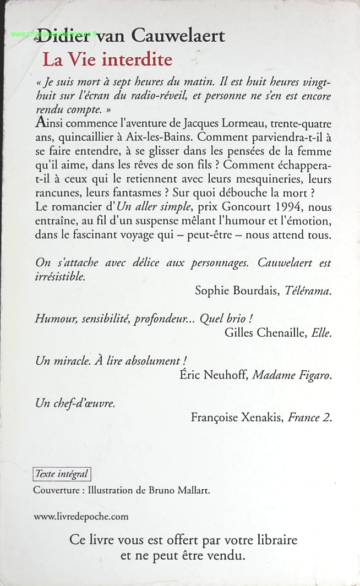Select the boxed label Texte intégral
click(x=61, y=474)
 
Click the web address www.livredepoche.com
click(x=81, y=516)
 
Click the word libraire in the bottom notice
click(x=271, y=540)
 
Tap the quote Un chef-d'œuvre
click(x=75, y=404)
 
